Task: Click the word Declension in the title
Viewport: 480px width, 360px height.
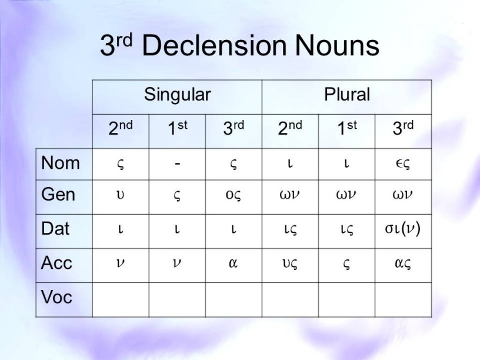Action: pos(214,45)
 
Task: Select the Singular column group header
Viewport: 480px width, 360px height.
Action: pos(178,95)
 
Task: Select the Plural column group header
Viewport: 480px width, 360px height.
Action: pos(347,94)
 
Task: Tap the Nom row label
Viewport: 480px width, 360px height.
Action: pos(61,163)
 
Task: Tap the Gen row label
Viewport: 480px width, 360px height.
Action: pos(58,194)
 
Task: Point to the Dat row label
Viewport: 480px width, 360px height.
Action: pos(55,229)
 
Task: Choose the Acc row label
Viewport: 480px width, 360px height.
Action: pos(56,263)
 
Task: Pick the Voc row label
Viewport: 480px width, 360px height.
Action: pos(56,297)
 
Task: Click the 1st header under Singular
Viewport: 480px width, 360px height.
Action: pos(177,128)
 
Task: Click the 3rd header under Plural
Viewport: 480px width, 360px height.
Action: pos(403,128)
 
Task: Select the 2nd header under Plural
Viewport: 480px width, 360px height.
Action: pos(290,128)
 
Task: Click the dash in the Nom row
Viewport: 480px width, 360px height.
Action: pos(177,164)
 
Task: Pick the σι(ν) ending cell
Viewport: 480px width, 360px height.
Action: pos(402,228)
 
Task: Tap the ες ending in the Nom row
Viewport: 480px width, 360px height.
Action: pos(402,164)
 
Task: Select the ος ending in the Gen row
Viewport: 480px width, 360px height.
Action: pos(234,195)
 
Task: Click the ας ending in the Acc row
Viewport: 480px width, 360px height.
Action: pos(403,264)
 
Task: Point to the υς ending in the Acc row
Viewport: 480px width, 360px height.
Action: pos(289,264)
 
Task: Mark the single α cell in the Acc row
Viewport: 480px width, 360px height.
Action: pos(234,263)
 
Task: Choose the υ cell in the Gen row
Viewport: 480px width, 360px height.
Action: pos(121,195)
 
